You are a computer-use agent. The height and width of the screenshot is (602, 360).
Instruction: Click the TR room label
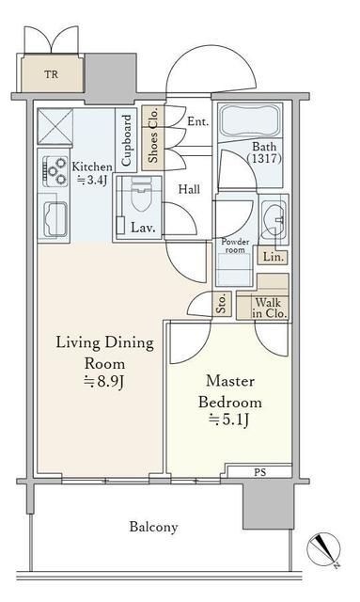pos(51,73)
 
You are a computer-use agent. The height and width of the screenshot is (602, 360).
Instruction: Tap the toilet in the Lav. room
pos(141,195)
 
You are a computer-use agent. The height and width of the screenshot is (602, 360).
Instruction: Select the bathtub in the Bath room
pos(249,119)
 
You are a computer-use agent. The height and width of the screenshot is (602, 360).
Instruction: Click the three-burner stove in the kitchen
pos(55,171)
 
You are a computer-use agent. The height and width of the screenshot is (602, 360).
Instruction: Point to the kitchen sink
pos(55,219)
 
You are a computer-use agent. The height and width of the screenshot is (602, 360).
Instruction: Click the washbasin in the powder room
pos(274,219)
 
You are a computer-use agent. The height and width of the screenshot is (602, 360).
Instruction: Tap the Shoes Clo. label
pos(152,138)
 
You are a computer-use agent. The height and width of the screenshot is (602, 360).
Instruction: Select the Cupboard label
pos(126,140)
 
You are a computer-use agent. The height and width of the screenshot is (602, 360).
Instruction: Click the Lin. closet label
pos(274,257)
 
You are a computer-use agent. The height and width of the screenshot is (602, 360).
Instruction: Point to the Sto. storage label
pos(221,304)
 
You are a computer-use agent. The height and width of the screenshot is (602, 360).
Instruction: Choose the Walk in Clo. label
pos(270,308)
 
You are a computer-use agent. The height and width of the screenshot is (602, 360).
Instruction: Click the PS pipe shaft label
pos(259,472)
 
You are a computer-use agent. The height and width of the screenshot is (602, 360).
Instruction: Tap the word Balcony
pos(153,527)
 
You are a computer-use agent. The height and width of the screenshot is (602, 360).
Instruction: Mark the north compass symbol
pos(324,549)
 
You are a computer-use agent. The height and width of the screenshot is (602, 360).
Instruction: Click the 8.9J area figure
pos(104,382)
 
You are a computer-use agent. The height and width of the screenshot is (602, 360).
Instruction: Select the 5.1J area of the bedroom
pos(229,420)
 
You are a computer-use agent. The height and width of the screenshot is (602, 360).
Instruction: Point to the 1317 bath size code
pos(264,158)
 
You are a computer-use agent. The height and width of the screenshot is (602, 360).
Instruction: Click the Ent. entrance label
pos(198,121)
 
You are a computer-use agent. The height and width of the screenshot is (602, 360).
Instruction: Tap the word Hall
pos(189,189)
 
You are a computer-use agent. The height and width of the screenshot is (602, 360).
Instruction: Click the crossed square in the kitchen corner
pos(55,126)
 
